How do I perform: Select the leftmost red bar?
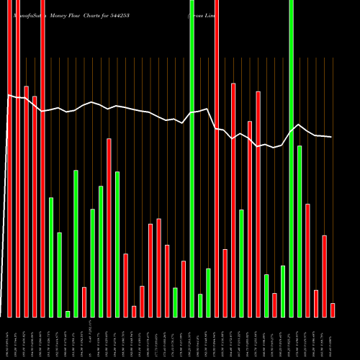point(9,158)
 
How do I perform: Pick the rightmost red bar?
point(333,310)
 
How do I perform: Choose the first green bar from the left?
point(51,257)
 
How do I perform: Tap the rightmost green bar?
point(300,231)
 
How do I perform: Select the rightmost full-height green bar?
point(291,158)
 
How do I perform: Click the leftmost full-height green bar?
point(192,158)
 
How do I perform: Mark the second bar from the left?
point(18,158)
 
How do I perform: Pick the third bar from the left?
point(26,202)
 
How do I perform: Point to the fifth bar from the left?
point(42,158)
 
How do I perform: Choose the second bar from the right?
point(324,276)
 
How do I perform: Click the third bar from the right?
point(316,303)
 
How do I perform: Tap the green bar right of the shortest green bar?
point(76,243)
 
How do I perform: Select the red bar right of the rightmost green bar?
point(307,261)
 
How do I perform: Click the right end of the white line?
point(332,137)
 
